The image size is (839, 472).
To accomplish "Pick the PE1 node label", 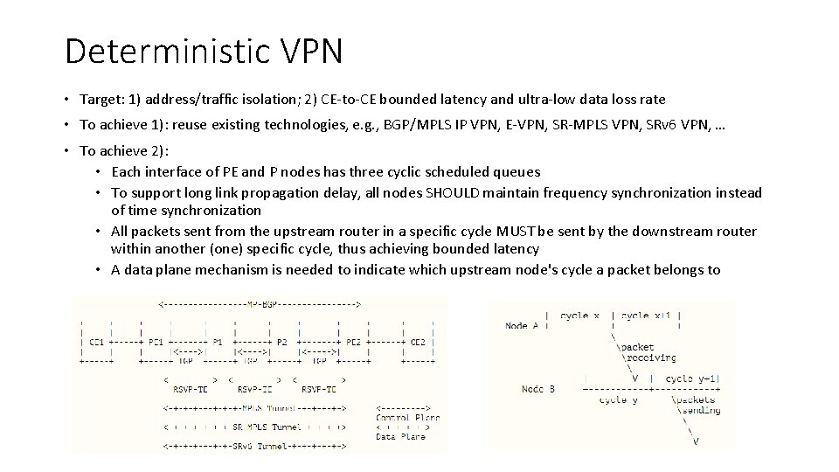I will [x=156, y=342].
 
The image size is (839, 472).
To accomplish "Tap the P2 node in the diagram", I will [x=281, y=342].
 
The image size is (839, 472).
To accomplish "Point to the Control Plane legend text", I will [x=408, y=417].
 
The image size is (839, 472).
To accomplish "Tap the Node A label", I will [x=523, y=325].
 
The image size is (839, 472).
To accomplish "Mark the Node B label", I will [x=537, y=388].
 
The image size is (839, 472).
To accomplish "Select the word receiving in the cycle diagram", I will [x=650, y=357].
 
